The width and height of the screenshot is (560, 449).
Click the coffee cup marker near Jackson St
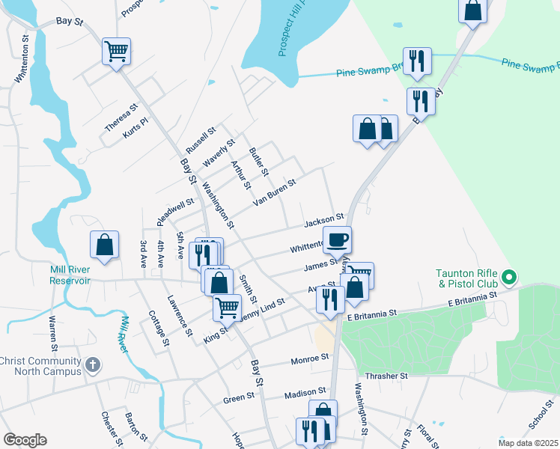tap(337, 240)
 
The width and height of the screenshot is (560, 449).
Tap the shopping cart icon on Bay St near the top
tap(116, 51)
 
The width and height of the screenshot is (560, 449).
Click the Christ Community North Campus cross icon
tap(91, 366)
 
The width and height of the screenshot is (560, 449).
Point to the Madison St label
tap(305, 391)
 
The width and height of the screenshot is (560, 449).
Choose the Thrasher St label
tap(386, 376)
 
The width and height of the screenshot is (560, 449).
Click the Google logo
tap(25, 440)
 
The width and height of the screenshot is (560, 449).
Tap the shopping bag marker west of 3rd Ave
tap(105, 245)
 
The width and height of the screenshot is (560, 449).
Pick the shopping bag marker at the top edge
tap(473, 10)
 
